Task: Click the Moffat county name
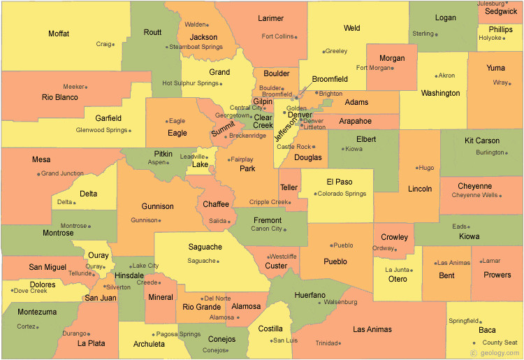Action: pyautogui.click(x=59, y=34)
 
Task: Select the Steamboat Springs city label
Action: pyautogui.click(x=196, y=47)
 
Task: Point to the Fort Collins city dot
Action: pyautogui.click(x=296, y=37)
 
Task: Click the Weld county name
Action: pyautogui.click(x=352, y=28)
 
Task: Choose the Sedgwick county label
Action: pyautogui.click(x=501, y=12)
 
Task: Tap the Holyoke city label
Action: pyautogui.click(x=490, y=38)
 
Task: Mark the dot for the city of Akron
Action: pyautogui.click(x=436, y=75)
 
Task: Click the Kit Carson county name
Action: pyautogui.click(x=482, y=141)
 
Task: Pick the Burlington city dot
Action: pyautogui.click(x=507, y=152)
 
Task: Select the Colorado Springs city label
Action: pyautogui.click(x=342, y=194)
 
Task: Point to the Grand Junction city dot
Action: pyautogui.click(x=38, y=173)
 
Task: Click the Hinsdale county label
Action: pyautogui.click(x=129, y=275)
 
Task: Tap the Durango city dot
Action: pyautogui.click(x=88, y=333)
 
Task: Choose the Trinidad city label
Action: pyautogui.click(x=327, y=343)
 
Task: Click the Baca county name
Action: pyautogui.click(x=487, y=330)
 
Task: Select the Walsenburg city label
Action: pyautogui.click(x=340, y=303)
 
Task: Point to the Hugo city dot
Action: pyautogui.click(x=417, y=168)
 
